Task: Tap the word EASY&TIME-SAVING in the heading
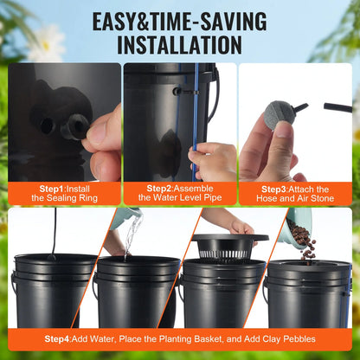tap(179, 17)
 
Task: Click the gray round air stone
tap(275, 117)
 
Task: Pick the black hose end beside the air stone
tap(332, 108)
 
